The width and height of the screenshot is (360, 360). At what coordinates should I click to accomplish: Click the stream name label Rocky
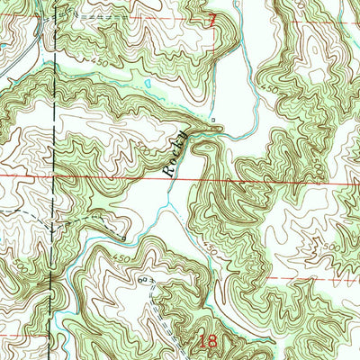point(175,153)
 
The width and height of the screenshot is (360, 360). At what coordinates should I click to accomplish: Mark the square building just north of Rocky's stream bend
point(212,118)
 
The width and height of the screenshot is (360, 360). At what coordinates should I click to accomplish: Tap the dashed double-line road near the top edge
point(99,16)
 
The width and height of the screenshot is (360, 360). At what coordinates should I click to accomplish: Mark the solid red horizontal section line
point(270,179)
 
